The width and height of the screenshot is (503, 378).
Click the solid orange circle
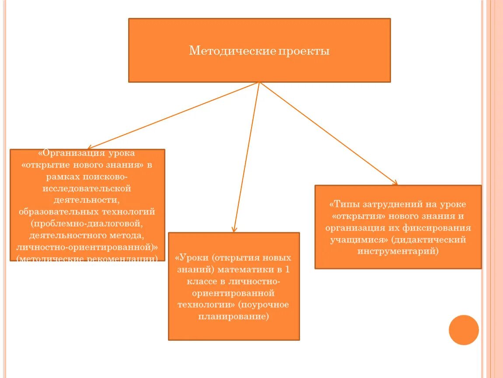pyautogui.click(x=464, y=330)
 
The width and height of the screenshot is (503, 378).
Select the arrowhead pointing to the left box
pyautogui.click(x=89, y=148)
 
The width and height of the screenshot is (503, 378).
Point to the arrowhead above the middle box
pyautogui.click(x=234, y=229)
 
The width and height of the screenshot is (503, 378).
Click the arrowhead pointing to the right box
pyautogui.click(x=395, y=183)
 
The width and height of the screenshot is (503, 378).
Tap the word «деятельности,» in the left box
pyautogui.click(x=87, y=200)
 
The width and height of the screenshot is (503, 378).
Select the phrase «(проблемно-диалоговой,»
pyautogui.click(x=87, y=224)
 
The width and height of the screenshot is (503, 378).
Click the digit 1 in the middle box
pyautogui.click(x=286, y=269)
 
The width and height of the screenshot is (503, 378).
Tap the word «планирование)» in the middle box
pyautogui.click(x=234, y=316)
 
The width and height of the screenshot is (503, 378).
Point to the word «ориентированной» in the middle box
pyautogui.click(x=234, y=293)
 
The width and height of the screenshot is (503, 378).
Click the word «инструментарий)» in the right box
pyautogui.click(x=398, y=252)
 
